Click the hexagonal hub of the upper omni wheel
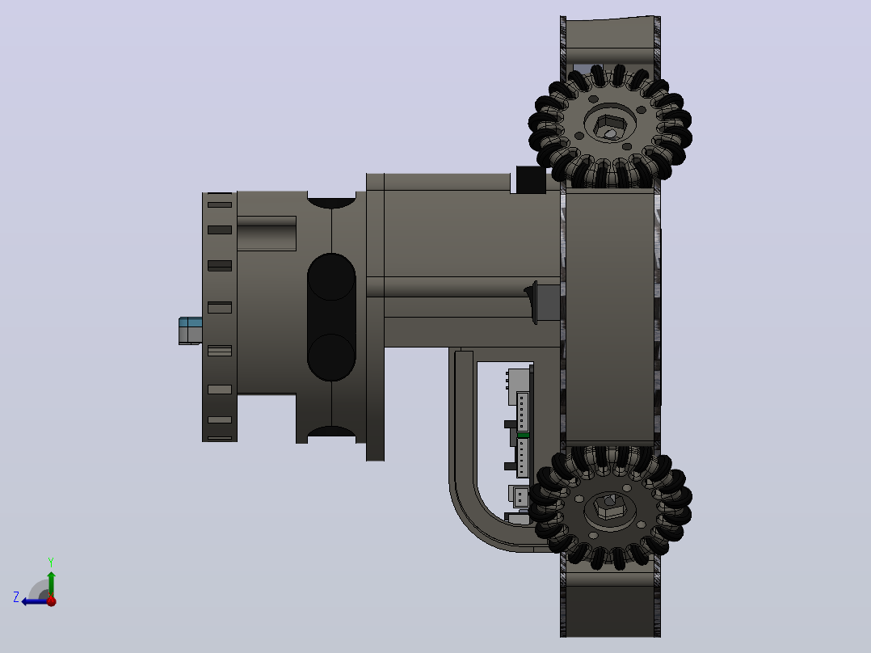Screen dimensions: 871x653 click(609, 126)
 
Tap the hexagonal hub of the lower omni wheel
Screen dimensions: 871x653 click(609, 507)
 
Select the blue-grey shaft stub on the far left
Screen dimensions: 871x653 click(190, 331)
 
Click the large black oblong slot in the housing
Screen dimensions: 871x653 click(331, 317)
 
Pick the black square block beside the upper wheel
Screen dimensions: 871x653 click(531, 179)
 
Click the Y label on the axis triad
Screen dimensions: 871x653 click(51, 562)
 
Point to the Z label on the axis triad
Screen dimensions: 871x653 click(16, 597)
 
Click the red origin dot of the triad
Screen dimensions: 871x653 click(52, 600)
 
